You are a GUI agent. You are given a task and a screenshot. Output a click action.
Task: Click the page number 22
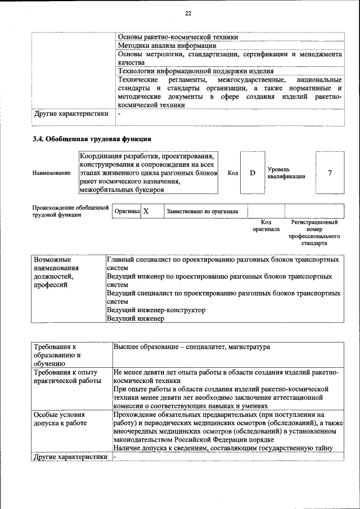pos(188,13)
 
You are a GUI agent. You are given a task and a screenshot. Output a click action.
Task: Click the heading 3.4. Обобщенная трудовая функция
pos(92,139)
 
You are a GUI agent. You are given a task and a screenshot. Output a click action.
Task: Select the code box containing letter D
pos(253,173)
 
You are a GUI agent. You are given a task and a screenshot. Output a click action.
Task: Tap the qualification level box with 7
pos(330,173)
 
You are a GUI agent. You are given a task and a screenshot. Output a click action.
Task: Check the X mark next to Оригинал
pos(146,211)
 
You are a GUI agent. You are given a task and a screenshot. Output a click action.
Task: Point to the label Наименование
pos(51,173)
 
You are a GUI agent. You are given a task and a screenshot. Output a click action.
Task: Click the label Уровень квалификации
pos(286,173)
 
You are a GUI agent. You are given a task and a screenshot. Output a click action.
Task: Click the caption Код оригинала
pos(265,226)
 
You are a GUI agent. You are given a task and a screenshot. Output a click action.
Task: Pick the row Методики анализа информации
pos(167,46)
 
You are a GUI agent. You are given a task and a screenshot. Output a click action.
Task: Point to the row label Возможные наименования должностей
pos(57,272)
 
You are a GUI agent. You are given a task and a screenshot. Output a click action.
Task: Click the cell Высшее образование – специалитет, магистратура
pos(192,347)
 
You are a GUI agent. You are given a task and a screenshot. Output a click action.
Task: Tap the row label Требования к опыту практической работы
pos(66,376)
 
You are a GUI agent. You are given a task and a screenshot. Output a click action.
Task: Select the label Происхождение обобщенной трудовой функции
pos(70,211)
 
